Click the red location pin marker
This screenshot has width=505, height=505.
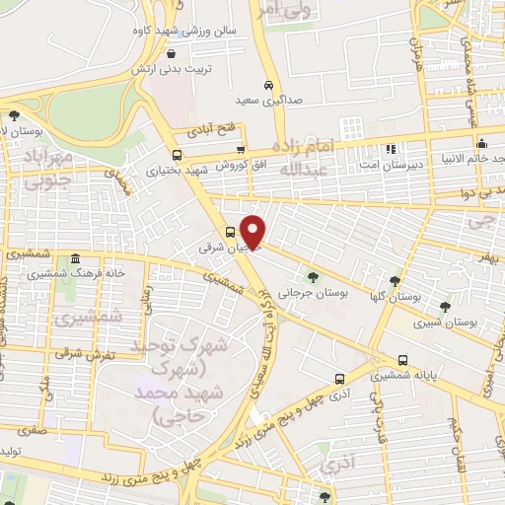254,231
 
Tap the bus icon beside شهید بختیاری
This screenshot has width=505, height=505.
177,155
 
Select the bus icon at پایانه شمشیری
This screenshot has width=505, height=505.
402,360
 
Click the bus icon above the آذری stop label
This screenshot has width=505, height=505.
340,378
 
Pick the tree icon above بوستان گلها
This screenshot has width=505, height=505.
397,281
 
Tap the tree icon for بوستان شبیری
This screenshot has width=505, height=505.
446,307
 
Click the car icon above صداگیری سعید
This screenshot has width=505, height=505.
268,85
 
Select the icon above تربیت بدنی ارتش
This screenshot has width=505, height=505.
173,55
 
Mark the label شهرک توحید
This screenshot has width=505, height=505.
191,346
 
